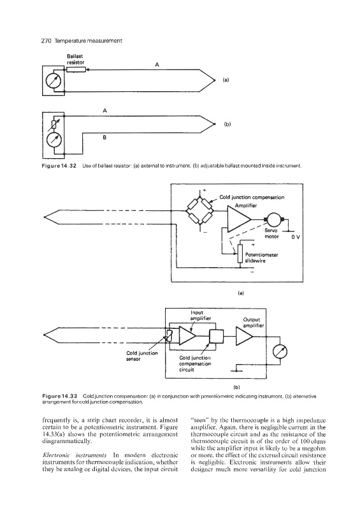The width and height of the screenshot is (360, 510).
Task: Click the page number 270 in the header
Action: click(47, 41)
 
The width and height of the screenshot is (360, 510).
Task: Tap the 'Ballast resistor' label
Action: click(75, 59)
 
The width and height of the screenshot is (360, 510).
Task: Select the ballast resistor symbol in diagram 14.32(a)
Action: click(76, 69)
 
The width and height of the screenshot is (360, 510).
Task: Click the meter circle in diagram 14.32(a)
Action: click(53, 81)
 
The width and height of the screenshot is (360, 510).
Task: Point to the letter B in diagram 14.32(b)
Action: click(104, 138)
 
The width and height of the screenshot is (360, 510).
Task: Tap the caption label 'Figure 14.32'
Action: click(59, 166)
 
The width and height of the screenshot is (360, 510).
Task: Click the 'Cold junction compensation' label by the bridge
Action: click(252, 197)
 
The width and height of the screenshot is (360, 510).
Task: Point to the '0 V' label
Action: click(295, 237)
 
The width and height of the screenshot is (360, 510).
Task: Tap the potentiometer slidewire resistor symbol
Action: click(240, 253)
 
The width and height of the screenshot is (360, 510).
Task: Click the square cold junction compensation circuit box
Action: click(216, 337)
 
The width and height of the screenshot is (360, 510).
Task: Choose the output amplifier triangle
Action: click(244, 337)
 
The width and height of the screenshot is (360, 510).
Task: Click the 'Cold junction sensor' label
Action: click(142, 356)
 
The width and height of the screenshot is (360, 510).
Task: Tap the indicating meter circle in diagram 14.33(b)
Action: click(280, 352)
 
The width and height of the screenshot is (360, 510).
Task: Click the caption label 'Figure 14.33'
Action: click(59, 396)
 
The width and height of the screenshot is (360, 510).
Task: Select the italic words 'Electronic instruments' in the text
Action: click(75, 455)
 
